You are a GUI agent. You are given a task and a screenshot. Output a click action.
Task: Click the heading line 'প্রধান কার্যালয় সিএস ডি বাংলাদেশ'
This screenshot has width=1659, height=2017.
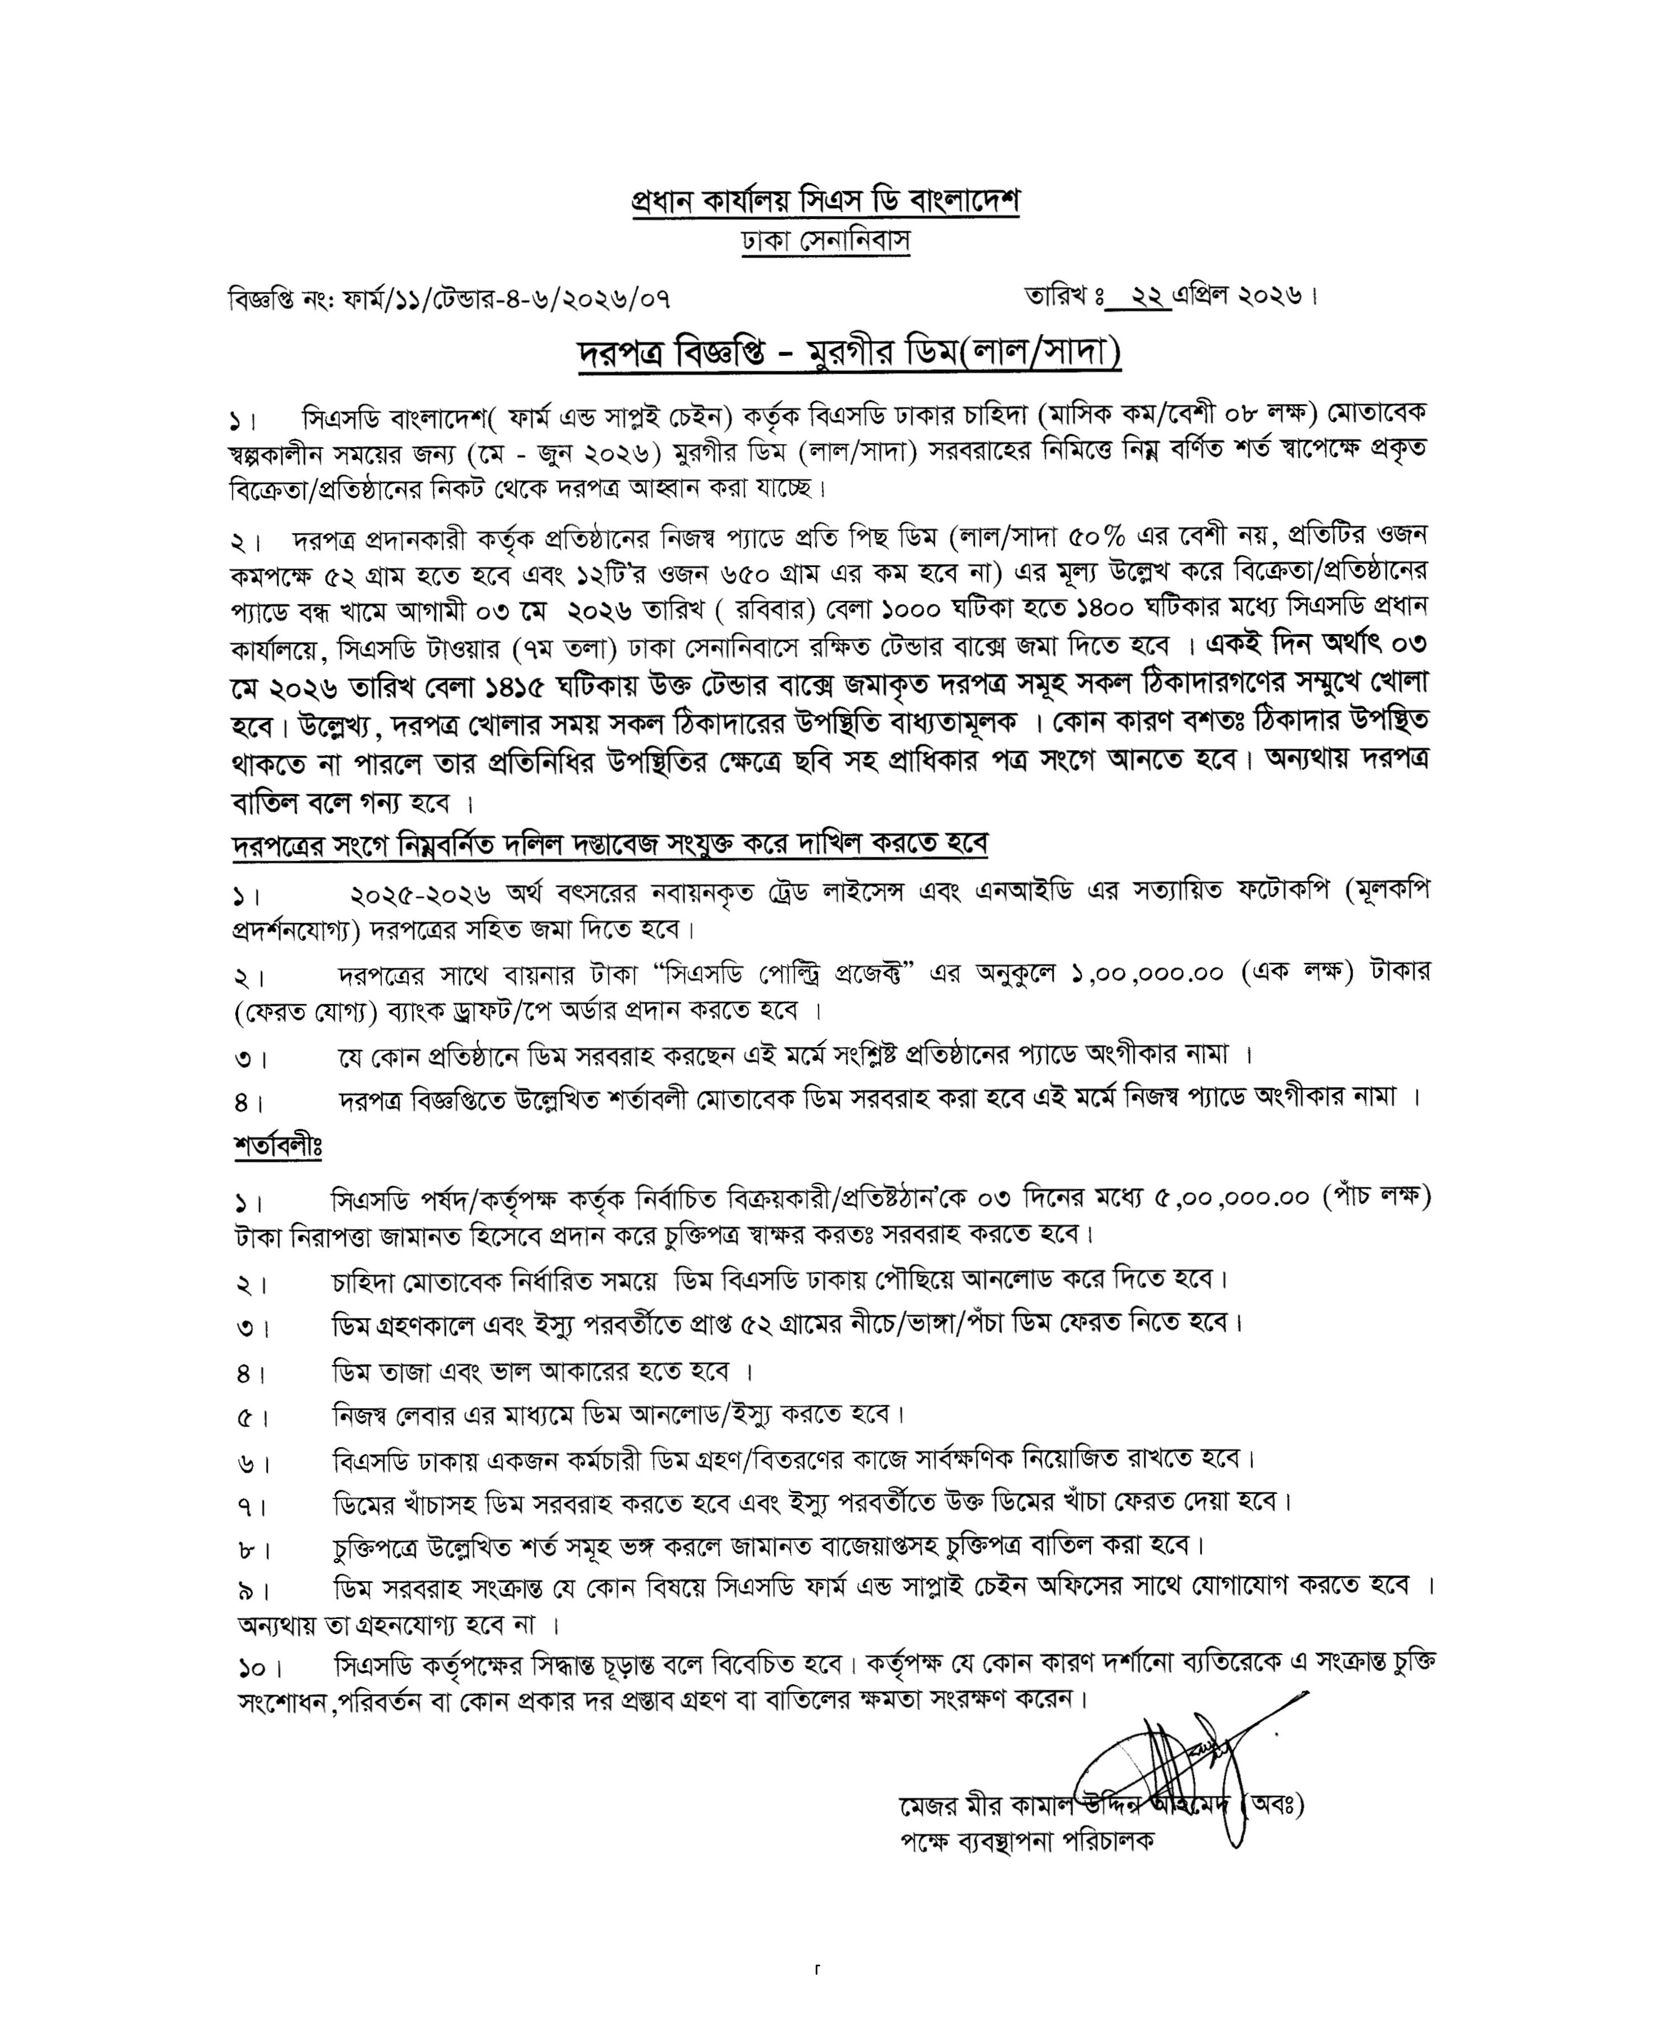pos(826,203)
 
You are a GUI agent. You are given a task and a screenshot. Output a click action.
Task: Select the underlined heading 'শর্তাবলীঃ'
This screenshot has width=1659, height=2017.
pos(277,1146)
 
